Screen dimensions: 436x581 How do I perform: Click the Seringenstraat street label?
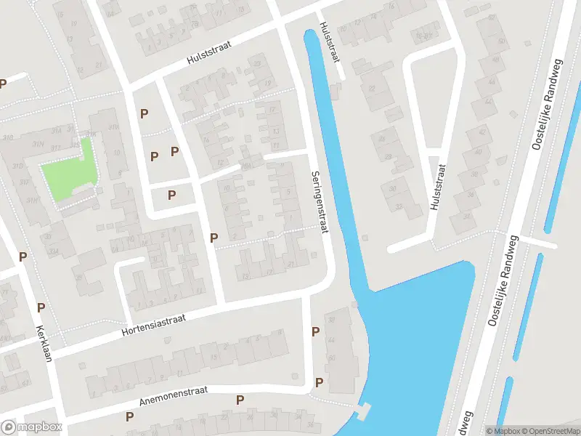320,202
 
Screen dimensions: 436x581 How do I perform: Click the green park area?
69,168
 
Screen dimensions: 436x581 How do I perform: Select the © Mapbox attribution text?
503,431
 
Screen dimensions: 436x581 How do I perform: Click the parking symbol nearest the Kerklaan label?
41,307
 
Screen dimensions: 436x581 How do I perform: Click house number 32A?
53,250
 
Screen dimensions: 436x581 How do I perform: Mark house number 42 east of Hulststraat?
482,132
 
